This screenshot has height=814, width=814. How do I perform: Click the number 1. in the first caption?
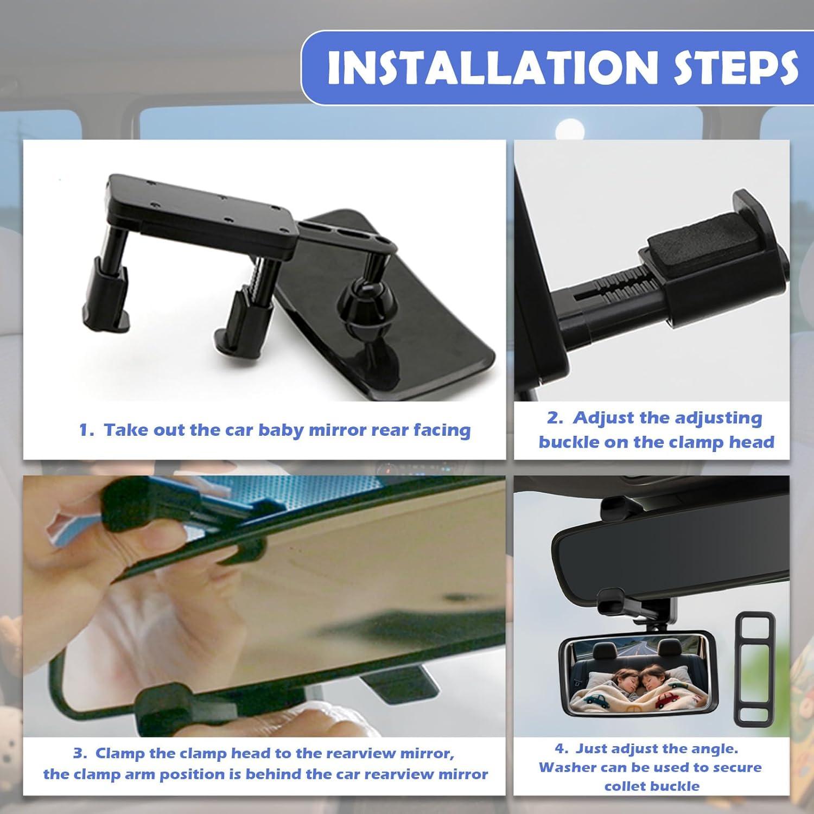87,430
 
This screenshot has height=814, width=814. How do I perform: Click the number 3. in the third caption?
80,754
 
